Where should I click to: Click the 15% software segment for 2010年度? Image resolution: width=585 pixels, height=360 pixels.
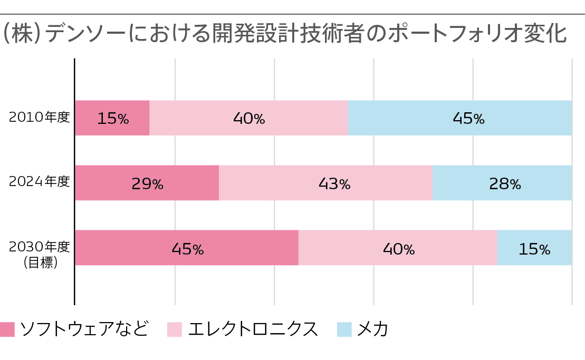click(x=112, y=118)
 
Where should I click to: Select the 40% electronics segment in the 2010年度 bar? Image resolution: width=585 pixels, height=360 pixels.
click(x=248, y=118)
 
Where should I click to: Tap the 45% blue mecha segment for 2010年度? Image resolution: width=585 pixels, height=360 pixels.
click(x=459, y=118)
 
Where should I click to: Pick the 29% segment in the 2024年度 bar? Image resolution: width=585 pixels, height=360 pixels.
click(x=147, y=183)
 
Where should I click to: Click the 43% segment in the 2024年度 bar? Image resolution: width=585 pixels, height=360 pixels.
click(x=325, y=183)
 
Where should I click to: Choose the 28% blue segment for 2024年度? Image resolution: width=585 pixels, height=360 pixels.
click(x=502, y=183)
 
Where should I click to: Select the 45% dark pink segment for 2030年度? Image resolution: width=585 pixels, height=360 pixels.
click(x=187, y=248)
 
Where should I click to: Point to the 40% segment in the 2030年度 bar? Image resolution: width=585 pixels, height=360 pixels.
click(x=398, y=248)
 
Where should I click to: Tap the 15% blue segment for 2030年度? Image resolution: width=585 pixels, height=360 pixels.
click(x=534, y=248)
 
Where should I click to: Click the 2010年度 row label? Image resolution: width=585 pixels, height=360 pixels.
click(x=40, y=117)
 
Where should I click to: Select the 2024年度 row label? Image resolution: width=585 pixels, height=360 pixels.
click(x=40, y=182)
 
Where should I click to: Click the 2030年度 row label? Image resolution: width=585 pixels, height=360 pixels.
click(x=40, y=246)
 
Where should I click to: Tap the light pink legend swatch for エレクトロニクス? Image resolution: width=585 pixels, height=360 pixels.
click(x=175, y=329)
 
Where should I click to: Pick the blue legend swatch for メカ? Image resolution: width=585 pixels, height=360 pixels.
click(x=344, y=329)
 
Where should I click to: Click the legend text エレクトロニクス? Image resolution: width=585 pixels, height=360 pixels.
click(x=253, y=329)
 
